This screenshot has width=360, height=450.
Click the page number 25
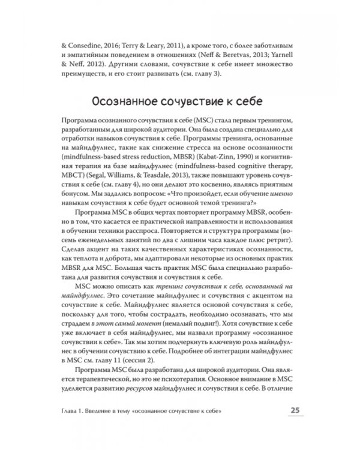(x=295, y=410)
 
